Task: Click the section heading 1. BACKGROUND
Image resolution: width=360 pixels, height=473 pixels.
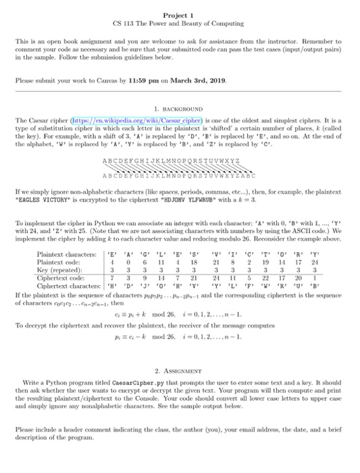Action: coord(180,107)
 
